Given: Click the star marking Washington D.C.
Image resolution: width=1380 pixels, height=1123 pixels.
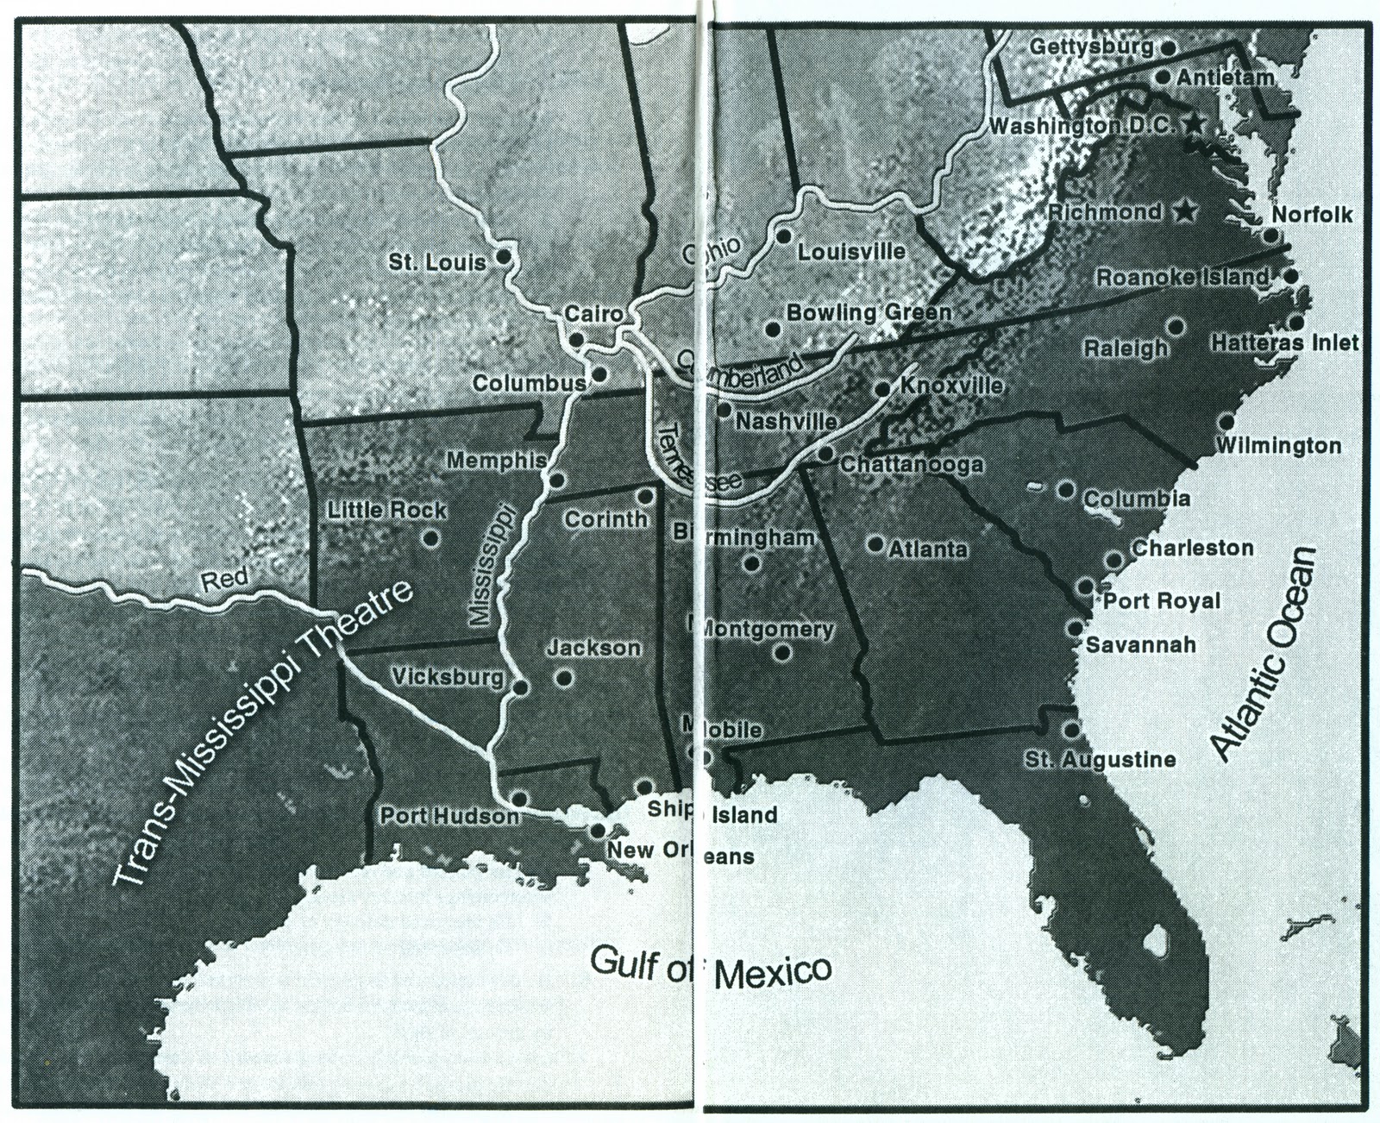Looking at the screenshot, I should pos(1193,124).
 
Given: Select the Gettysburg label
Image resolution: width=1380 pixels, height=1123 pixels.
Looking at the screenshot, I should pos(1091,47).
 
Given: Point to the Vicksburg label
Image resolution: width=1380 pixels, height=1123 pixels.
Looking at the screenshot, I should pos(448,677).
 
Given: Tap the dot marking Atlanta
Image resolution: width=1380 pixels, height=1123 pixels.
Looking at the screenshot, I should pos(875,544).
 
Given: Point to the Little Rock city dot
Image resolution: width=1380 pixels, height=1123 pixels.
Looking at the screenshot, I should pos(430,539).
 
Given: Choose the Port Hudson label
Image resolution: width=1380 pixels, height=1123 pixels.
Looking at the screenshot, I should pos(449,815).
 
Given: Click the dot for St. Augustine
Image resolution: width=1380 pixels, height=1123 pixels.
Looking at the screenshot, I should pos(1071,730).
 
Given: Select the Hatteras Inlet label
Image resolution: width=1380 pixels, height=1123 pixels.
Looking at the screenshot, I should pos(1284,343).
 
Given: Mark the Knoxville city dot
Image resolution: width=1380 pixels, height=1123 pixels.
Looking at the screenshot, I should pos(882,390).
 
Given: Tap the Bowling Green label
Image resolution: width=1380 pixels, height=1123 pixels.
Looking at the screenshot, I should pos(869,312).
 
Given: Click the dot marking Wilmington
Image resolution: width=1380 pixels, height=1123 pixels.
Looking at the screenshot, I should pos(1226,422).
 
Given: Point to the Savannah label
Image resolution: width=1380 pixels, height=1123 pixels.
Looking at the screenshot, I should pos(1140,644).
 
